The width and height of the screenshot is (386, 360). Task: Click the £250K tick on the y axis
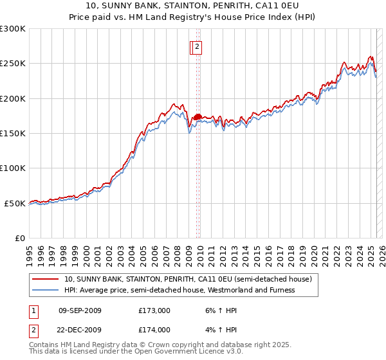[13, 64]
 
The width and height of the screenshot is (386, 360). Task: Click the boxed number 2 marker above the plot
[198, 46]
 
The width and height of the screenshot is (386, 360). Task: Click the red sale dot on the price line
[198, 116]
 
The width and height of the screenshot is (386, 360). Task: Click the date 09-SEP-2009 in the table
[80, 310]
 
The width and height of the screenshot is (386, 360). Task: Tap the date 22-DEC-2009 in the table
[80, 330]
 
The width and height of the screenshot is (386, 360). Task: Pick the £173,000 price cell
[154, 310]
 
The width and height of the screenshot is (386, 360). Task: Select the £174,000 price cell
[154, 330]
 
